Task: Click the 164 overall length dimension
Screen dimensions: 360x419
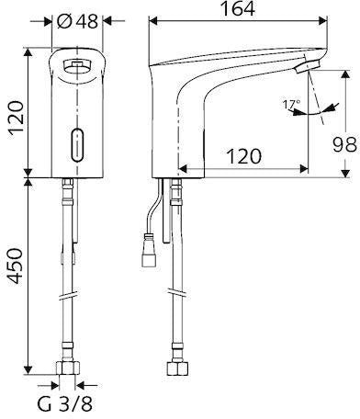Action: (238, 9)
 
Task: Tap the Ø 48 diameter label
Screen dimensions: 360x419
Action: (78, 21)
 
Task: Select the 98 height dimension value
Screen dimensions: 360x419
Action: (345, 145)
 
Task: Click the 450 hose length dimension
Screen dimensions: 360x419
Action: (16, 266)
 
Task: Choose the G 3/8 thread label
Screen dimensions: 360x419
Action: (64, 404)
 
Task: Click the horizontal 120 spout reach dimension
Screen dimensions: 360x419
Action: (243, 156)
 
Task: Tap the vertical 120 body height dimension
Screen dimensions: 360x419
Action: (16, 117)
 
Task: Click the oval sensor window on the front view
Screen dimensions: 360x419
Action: (77, 144)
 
